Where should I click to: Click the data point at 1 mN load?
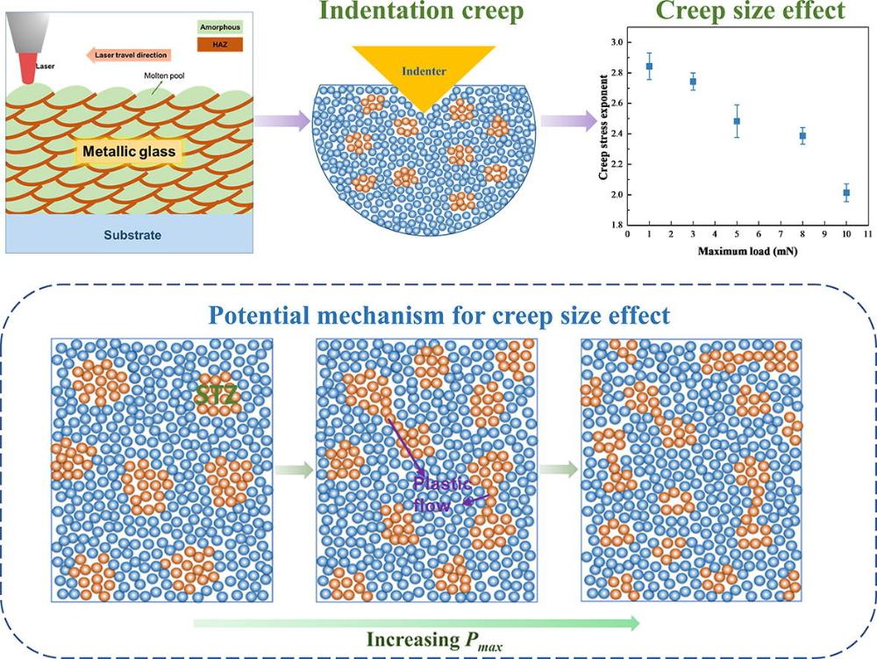pos(649,67)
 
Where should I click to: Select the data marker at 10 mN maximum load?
pos(846,192)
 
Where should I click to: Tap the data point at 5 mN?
pos(737,121)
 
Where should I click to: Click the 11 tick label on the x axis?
pos(867,236)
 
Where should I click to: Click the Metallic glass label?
pos(129,151)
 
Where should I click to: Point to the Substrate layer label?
pos(132,235)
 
